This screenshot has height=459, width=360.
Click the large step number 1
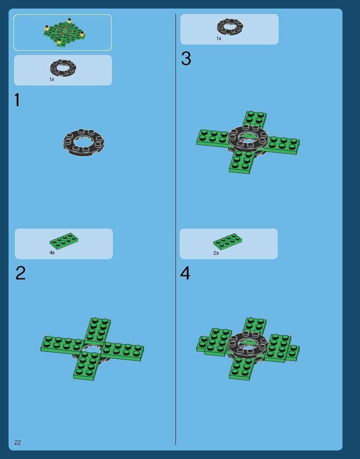coord(17,100)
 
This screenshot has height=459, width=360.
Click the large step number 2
coord(21,273)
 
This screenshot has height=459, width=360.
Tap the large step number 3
coord(186,58)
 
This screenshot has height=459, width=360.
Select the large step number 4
coord(185,273)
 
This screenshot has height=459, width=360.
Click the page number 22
coord(18,442)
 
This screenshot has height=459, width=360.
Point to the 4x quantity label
coord(52,252)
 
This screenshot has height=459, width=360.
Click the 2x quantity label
coord(216,253)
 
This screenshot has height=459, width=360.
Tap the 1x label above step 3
coord(219,38)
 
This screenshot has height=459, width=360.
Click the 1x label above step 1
coord(52,79)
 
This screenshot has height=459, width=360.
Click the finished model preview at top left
coord(64,32)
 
